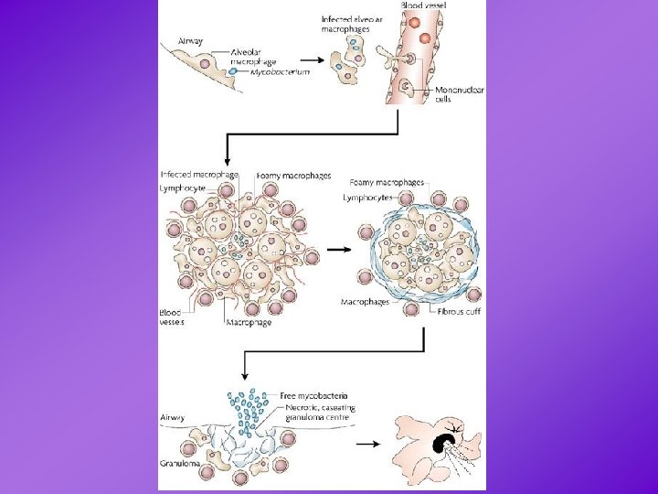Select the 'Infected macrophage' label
pos(199,174)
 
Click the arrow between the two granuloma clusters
pos(337,248)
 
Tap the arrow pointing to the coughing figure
pos(369,444)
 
